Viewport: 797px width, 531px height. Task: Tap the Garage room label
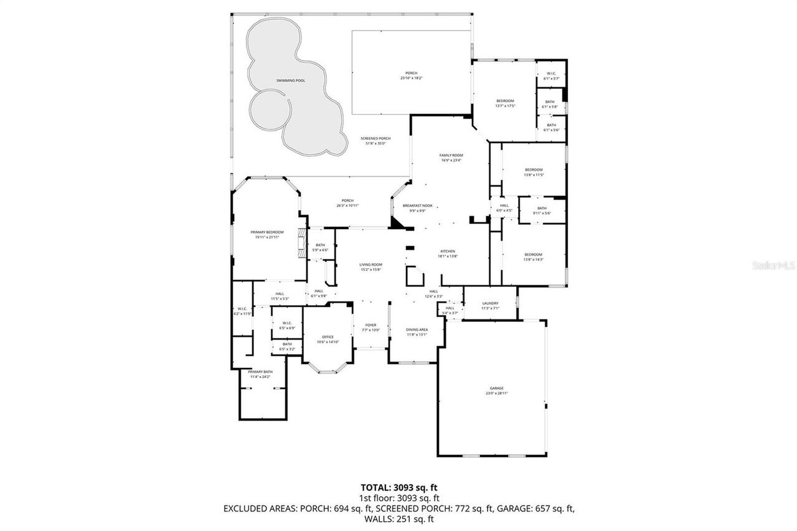pos(496,388)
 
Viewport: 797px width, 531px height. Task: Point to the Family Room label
pos(451,156)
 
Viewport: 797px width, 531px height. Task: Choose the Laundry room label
pos(490,303)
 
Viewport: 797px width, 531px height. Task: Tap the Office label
pos(328,337)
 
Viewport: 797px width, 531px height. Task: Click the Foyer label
pos(370,325)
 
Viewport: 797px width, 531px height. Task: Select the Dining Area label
pos(417,329)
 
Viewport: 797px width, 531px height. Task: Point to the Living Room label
pos(370,265)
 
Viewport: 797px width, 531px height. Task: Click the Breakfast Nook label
pos(417,205)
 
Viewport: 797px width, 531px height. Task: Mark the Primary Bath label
pos(260,372)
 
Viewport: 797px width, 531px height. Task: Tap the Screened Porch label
pos(375,138)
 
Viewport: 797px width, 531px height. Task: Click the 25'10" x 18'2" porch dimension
pos(410,78)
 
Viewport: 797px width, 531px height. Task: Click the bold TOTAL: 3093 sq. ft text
pos(398,487)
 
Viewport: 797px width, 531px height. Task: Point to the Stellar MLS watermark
pos(773,265)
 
